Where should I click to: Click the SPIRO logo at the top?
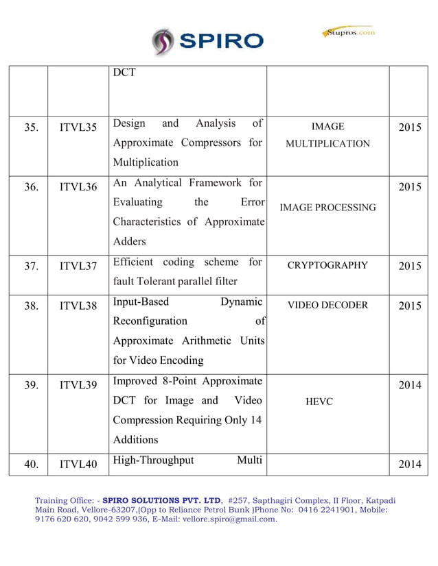pos(208,41)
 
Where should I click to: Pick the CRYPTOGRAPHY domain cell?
pos(327,265)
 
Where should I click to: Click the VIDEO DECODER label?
pos(327,305)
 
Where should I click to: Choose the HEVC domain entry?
pos(320,402)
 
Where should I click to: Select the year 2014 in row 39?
pos(410,385)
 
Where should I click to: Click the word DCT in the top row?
pos(124,72)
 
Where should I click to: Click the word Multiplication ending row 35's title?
pos(146,162)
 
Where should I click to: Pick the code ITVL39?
pos(78,385)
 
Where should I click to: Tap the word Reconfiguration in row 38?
pos(150,321)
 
